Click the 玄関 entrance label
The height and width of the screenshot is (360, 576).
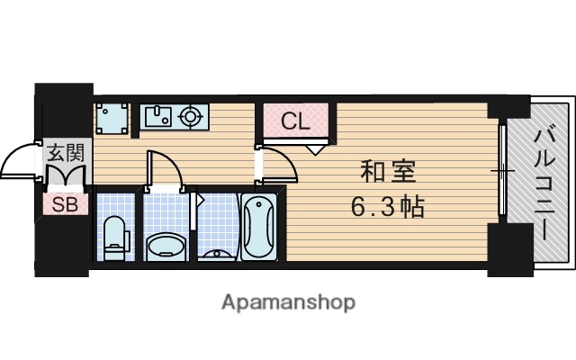click(x=65, y=151)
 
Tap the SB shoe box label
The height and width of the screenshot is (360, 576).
click(x=65, y=203)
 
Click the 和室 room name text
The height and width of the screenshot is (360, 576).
click(x=388, y=171)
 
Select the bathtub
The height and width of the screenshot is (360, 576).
click(x=260, y=229)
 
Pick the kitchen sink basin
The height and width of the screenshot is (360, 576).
click(x=160, y=116)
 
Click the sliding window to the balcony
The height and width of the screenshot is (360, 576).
click(x=501, y=171)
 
